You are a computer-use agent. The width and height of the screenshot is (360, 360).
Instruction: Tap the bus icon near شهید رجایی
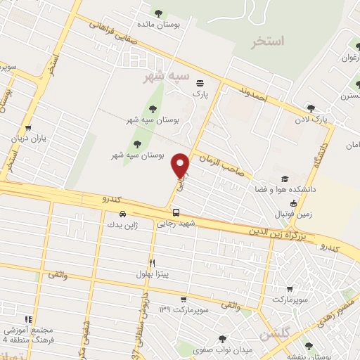(176, 212)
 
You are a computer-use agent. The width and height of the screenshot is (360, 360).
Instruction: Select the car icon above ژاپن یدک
(123, 214)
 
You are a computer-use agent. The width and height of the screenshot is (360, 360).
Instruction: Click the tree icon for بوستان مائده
(158, 13)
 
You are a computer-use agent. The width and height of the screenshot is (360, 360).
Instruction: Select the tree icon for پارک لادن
(311, 108)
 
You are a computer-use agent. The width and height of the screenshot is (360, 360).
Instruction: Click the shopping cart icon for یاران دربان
(27, 128)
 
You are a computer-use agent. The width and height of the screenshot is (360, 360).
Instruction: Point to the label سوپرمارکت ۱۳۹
(186, 309)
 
